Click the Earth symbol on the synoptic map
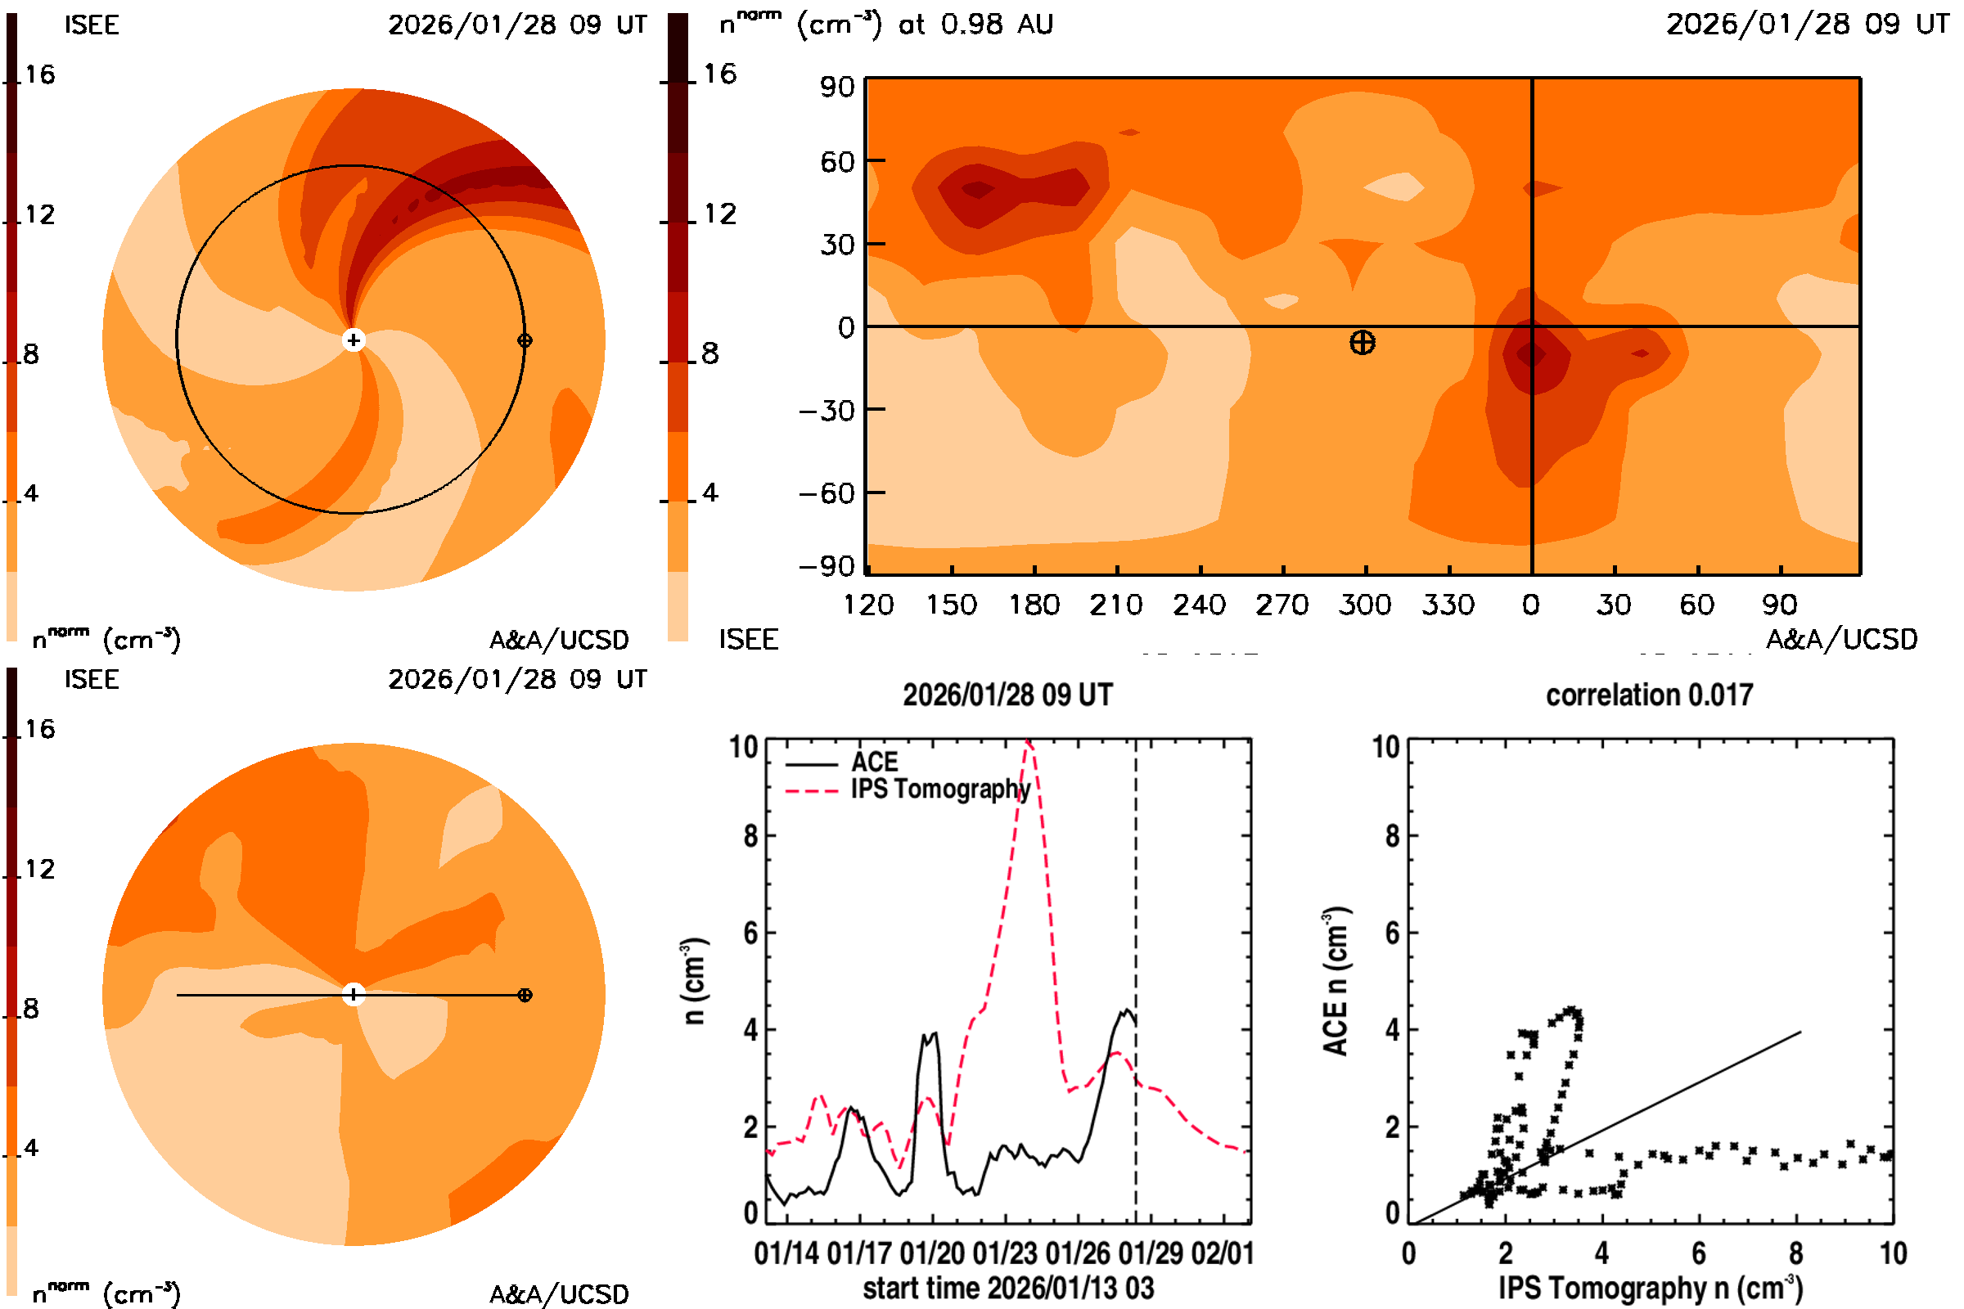(x=1362, y=342)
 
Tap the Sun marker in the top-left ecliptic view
(x=354, y=340)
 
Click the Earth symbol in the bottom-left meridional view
(x=525, y=995)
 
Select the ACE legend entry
(x=873, y=762)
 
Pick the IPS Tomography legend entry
(x=940, y=789)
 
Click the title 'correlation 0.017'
(x=1648, y=695)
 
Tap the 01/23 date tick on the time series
(x=1005, y=1254)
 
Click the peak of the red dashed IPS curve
(x=1029, y=742)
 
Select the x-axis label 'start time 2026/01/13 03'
(x=1008, y=1288)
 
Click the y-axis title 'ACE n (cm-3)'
(x=1336, y=981)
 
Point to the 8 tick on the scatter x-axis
(x=1795, y=1254)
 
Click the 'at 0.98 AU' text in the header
(x=975, y=25)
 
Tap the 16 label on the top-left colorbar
(x=39, y=75)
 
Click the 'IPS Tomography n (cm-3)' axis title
(x=1649, y=1288)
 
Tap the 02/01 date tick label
(x=1223, y=1254)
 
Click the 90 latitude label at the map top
(x=836, y=87)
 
